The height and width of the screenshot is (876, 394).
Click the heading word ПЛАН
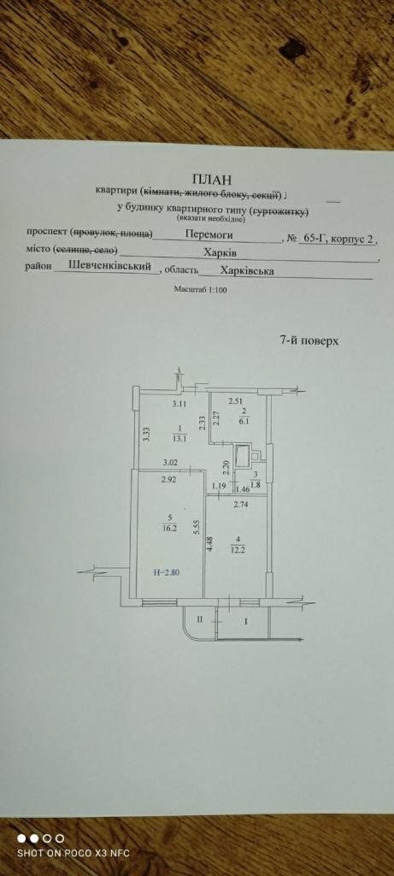point(211,179)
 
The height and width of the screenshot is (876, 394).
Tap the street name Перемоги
point(210,236)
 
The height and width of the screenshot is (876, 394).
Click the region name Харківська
point(247,270)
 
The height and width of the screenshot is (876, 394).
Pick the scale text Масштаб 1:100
point(200,289)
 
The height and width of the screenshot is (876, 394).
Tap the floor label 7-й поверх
point(309,340)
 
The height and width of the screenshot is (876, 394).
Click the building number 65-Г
point(311,239)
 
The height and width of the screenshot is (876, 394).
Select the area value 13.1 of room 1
point(179,438)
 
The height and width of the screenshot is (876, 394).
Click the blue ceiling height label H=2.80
point(167,572)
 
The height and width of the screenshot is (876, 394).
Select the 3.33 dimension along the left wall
point(146,434)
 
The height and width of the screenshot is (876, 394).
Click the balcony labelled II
point(199,619)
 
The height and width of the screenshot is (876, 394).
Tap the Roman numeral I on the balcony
point(244,620)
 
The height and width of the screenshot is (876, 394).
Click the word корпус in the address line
point(348,239)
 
